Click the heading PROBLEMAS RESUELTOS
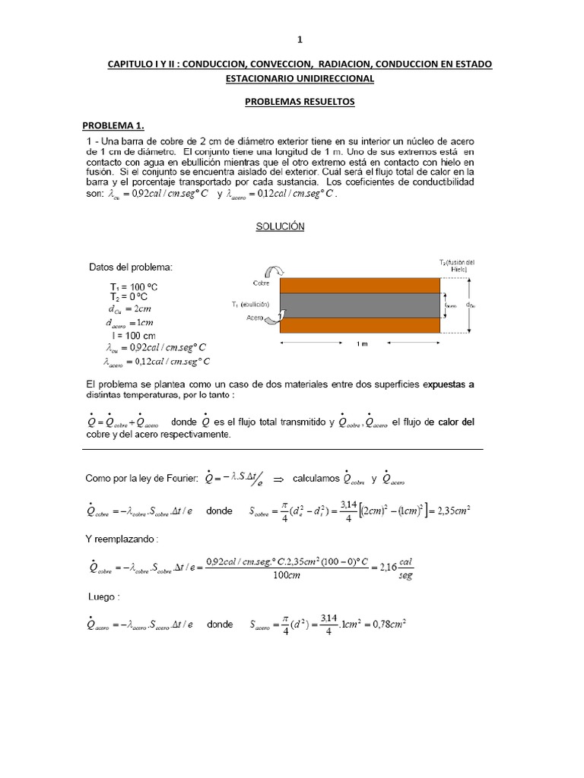point(299,102)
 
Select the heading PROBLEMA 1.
point(113,125)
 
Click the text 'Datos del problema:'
point(131,267)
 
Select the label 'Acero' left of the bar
point(255,320)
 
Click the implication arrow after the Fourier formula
point(278,479)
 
